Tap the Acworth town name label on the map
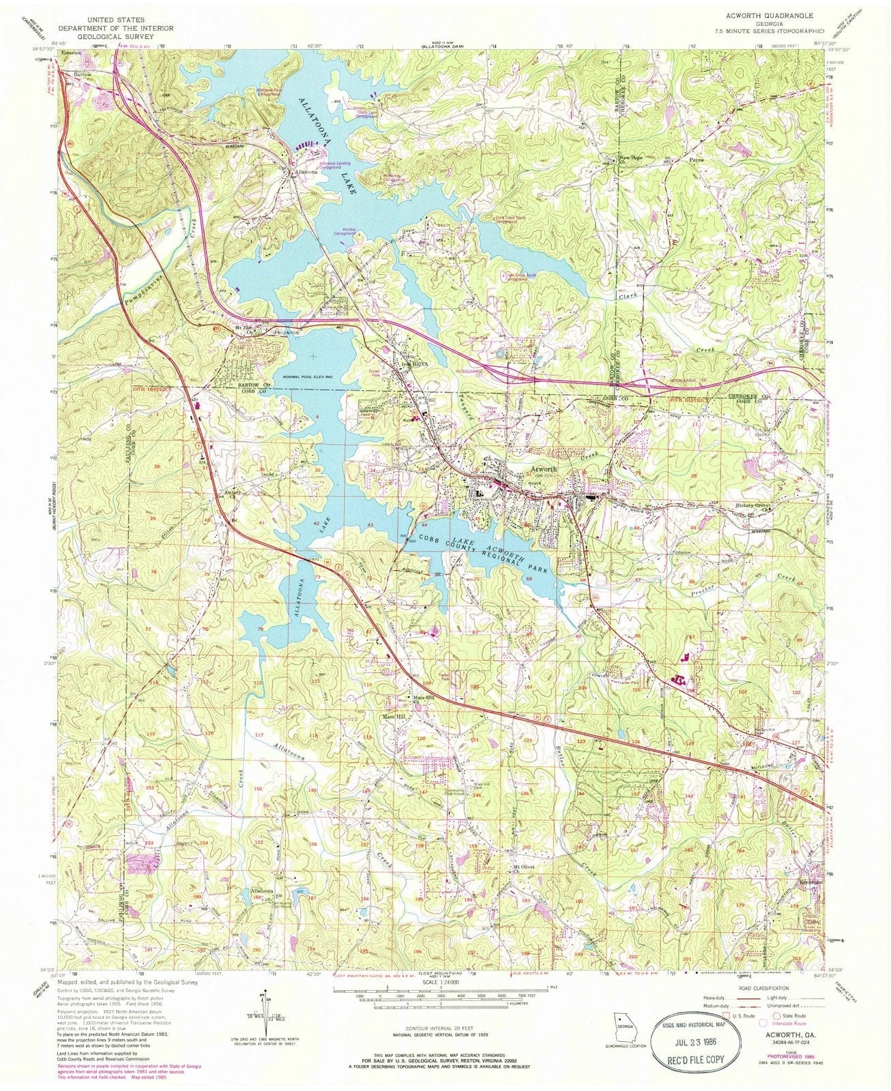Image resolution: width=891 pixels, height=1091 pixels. (x=542, y=470)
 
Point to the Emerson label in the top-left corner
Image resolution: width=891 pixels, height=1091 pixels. (x=70, y=50)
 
